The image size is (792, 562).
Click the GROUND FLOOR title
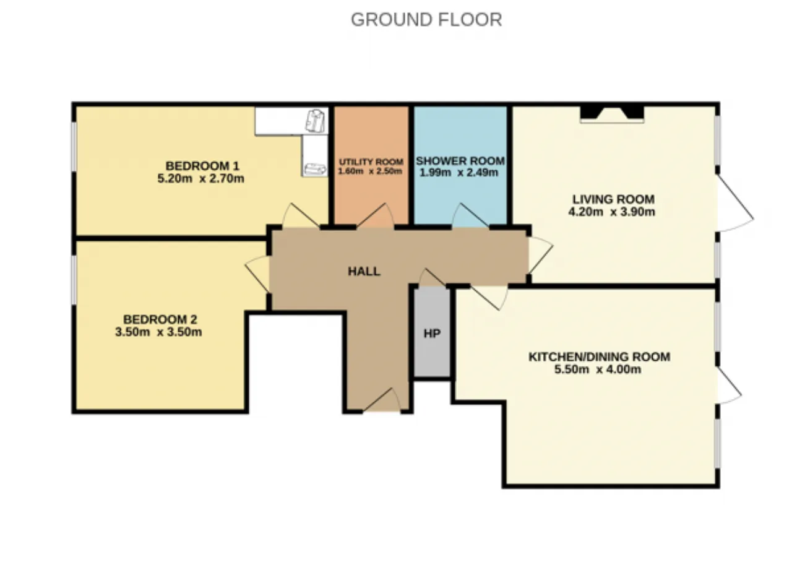(426, 19)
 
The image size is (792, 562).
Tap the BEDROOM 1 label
(202, 166)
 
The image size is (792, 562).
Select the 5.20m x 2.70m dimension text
(201, 179)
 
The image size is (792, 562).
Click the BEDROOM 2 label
(160, 319)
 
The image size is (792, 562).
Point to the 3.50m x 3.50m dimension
(158, 332)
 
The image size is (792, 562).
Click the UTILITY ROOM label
(371, 162)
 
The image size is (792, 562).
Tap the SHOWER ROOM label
(460, 161)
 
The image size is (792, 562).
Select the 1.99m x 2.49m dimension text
(458, 173)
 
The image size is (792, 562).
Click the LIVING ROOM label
(613, 199)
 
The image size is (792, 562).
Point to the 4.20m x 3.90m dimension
(612, 212)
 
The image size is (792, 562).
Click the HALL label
(364, 271)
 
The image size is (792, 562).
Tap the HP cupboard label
(432, 333)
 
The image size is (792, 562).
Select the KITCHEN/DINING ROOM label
(600, 357)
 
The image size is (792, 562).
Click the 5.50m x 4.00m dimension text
(598, 370)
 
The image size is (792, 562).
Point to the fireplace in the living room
(612, 115)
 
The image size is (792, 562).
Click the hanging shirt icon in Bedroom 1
(315, 121)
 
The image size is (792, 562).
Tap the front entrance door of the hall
(382, 400)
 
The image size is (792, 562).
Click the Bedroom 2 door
(257, 274)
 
